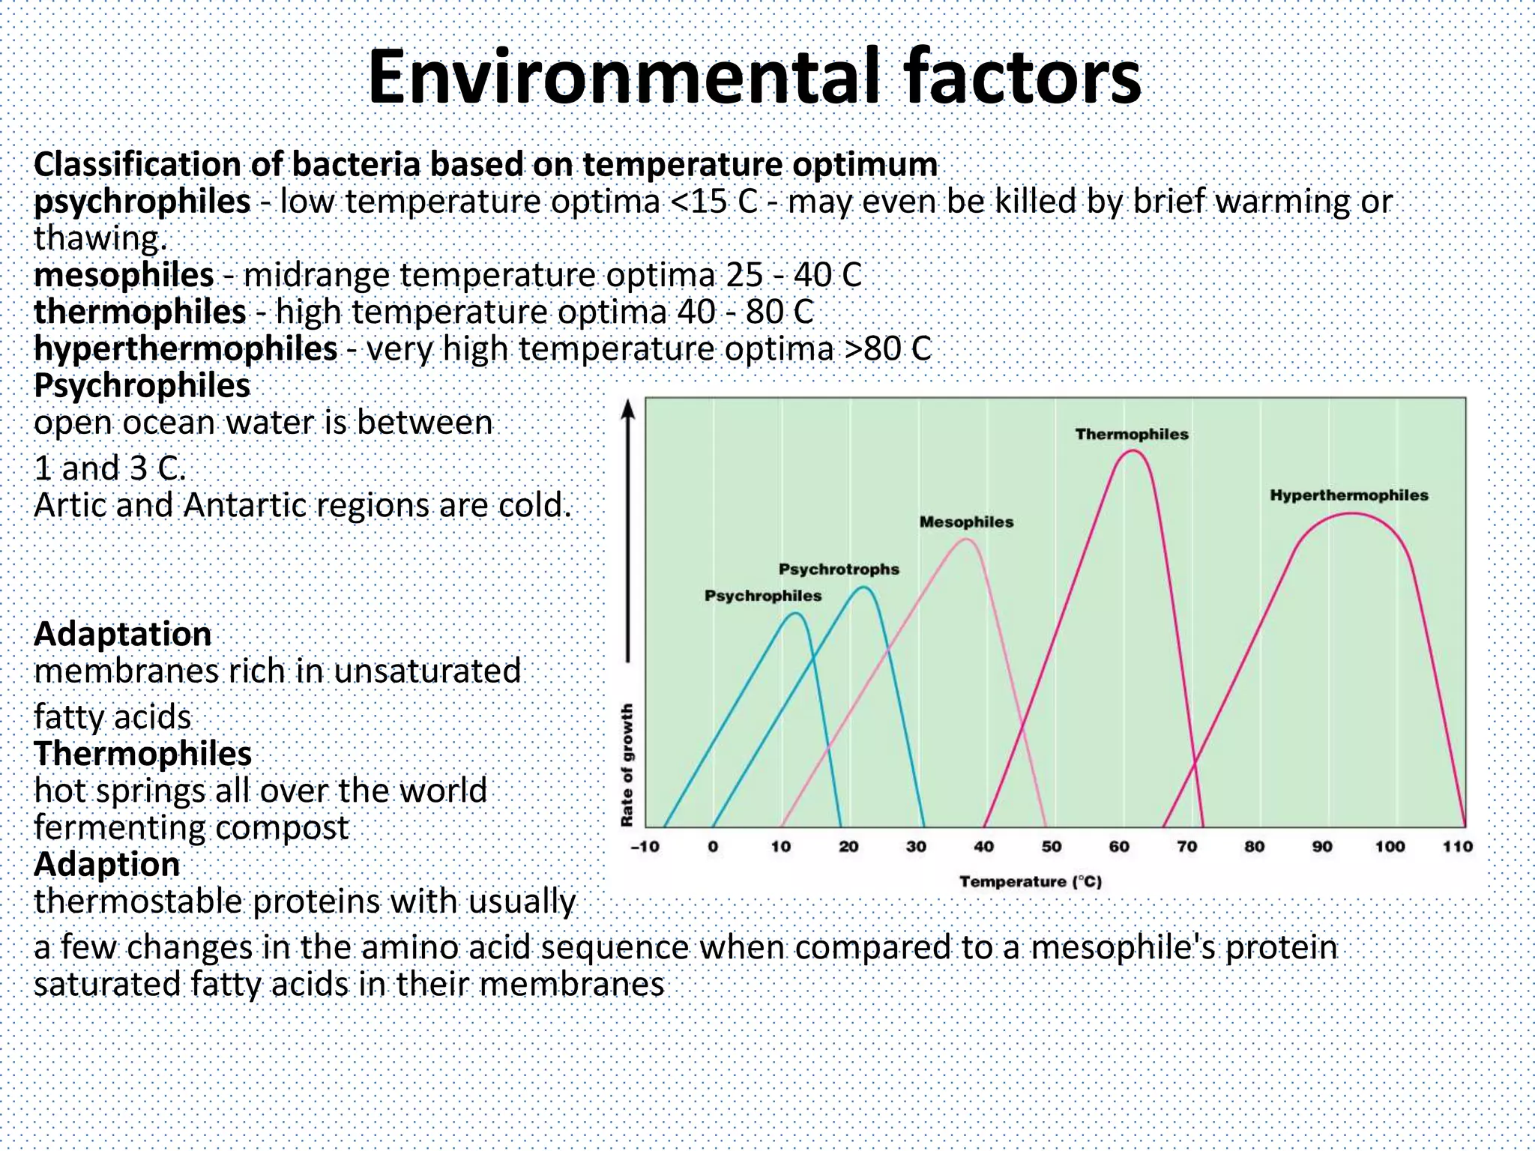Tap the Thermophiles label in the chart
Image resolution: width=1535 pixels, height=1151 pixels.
click(x=1132, y=435)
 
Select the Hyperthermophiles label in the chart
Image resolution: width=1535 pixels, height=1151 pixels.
click(x=1349, y=495)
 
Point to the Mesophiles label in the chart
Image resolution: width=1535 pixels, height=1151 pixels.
click(x=966, y=522)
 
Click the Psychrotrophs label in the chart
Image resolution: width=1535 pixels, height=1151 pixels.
click(x=839, y=570)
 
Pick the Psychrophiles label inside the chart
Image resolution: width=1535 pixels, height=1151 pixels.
click(x=763, y=596)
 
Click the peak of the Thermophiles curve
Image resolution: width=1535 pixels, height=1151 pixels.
click(x=1132, y=451)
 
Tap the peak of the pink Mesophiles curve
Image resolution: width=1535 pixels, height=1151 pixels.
click(x=965, y=539)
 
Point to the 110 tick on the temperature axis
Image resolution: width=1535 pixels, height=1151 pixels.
click(x=1457, y=847)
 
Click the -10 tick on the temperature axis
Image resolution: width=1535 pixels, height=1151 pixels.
click(x=645, y=847)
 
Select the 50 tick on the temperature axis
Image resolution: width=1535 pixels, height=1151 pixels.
click(x=1051, y=847)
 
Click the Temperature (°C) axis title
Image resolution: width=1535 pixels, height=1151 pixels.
click(x=1031, y=882)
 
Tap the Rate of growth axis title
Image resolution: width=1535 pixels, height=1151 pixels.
click(x=628, y=764)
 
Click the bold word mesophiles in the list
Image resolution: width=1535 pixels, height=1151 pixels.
click(x=124, y=275)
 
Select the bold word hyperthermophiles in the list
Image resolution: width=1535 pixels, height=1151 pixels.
click(x=185, y=348)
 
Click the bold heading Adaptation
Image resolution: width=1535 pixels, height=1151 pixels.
click(x=122, y=634)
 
